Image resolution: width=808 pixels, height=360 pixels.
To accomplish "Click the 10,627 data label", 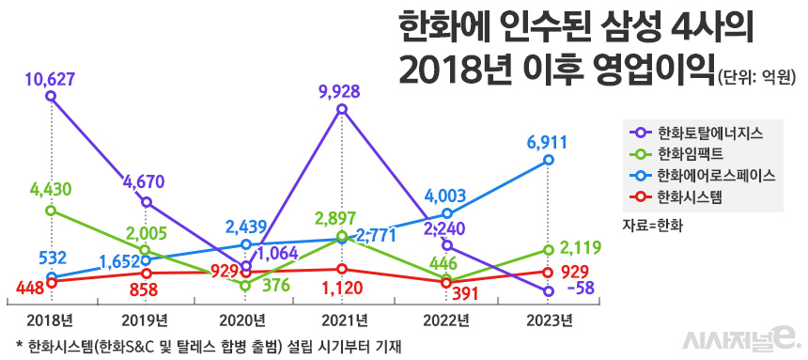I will coord(52,77).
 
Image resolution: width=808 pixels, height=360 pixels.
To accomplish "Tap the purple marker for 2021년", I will coord(342,110).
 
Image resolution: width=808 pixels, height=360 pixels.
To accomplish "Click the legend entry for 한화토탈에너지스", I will coord(701,133).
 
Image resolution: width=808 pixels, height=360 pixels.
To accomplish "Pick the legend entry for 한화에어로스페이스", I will coord(706,176).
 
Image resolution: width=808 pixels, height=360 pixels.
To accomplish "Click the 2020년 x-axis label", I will coord(245,321).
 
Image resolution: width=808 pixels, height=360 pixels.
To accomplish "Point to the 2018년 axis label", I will coord(52,321).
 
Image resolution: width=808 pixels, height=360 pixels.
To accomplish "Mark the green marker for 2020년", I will coord(245,285).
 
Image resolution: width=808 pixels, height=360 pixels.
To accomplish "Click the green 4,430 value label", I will coord(52,190).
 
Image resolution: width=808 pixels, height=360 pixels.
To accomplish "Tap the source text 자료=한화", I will coord(652,226).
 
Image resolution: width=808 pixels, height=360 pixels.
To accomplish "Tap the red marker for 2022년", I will coord(446,282).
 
